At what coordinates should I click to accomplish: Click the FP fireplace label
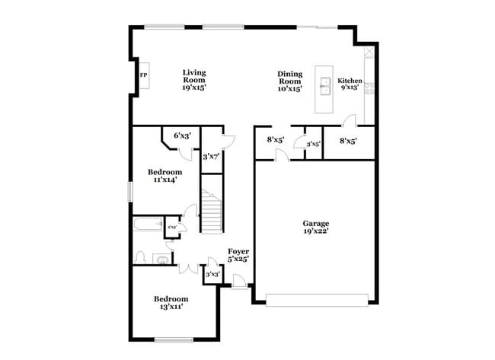tap(143, 75)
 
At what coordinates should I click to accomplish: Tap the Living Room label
tap(194, 80)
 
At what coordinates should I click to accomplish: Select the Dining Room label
tap(290, 81)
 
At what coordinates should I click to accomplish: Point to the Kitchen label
tap(350, 84)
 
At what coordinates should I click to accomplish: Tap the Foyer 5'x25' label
tap(238, 254)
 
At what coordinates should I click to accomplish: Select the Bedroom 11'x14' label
tap(165, 177)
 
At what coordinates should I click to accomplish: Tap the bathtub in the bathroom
tap(148, 226)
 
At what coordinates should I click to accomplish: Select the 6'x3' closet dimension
tap(182, 135)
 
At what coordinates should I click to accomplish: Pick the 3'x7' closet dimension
tap(211, 157)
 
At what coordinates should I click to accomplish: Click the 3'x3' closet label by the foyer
tap(212, 274)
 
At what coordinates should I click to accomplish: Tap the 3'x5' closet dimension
tap(313, 143)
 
